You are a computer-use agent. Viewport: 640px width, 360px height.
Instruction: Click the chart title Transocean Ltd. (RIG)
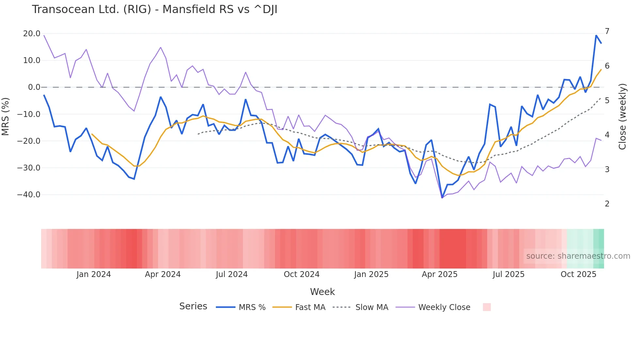(x=154, y=9)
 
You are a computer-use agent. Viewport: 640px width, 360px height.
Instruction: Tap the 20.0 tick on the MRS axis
(x=32, y=34)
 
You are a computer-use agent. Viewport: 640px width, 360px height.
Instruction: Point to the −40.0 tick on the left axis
(x=29, y=195)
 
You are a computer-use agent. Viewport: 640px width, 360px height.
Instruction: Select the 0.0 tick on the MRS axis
(x=34, y=87)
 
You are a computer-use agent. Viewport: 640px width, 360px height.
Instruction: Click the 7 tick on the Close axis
(x=607, y=31)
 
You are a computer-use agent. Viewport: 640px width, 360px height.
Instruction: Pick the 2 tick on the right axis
(x=607, y=204)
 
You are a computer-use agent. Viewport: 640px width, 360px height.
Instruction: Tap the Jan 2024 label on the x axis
(x=94, y=274)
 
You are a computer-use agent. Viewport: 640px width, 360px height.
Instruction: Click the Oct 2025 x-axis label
(x=578, y=274)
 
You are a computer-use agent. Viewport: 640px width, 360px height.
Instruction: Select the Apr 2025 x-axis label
(x=440, y=274)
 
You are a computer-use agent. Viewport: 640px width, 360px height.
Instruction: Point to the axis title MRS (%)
(x=6, y=117)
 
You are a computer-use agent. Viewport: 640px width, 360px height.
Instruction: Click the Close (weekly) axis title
(x=622, y=117)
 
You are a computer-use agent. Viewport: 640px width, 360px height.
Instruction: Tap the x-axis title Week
(x=322, y=292)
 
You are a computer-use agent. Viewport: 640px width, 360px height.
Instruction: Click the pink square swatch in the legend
(x=487, y=307)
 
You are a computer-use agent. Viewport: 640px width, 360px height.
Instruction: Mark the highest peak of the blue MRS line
(x=596, y=36)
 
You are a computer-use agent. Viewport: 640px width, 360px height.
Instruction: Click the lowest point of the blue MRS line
(x=442, y=198)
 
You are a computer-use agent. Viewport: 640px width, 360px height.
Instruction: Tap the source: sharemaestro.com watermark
(x=578, y=256)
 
